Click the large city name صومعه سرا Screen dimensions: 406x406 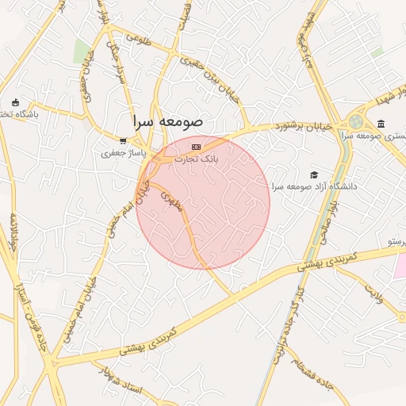(168, 123)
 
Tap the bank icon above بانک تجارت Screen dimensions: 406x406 (196, 147)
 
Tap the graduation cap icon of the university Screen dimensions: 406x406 (314, 174)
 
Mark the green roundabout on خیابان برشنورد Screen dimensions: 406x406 (355, 122)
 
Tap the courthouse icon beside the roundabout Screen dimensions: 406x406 (381, 124)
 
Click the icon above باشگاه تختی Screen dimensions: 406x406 (16, 103)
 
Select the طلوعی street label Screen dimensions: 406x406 (138, 36)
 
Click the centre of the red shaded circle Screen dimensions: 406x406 (203, 203)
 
